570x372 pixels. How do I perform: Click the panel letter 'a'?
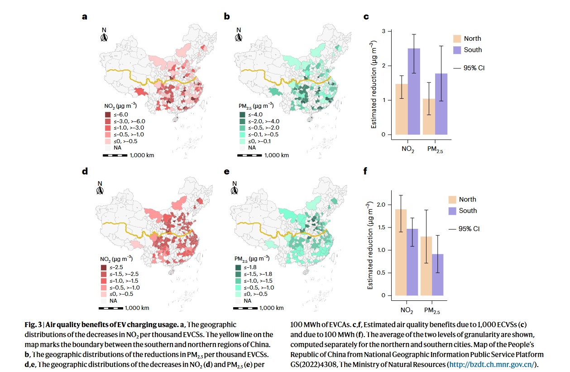(x=85, y=17)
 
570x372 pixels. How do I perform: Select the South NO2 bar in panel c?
(x=414, y=92)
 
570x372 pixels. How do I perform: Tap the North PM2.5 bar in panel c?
(x=429, y=116)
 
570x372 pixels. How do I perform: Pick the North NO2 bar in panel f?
(x=401, y=252)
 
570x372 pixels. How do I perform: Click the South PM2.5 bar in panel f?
(x=438, y=275)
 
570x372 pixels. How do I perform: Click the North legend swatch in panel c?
(x=457, y=39)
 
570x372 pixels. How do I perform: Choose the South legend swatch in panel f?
(x=452, y=211)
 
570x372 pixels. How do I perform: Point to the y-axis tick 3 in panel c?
(x=384, y=31)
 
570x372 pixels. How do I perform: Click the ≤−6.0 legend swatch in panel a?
(x=108, y=115)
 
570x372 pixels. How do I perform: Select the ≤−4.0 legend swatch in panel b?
(x=242, y=115)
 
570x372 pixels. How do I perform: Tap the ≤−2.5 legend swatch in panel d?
(x=104, y=268)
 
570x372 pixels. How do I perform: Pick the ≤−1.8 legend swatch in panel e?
(x=238, y=268)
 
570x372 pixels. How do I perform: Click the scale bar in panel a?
(x=115, y=155)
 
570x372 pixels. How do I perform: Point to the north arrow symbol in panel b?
(x=239, y=38)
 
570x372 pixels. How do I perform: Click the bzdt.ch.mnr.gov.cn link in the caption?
(x=492, y=365)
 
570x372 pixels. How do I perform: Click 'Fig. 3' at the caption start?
(x=33, y=325)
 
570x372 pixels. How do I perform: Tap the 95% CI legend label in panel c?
(x=474, y=68)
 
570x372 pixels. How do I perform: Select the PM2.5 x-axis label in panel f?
(x=432, y=310)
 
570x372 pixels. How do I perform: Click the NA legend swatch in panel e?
(x=238, y=301)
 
